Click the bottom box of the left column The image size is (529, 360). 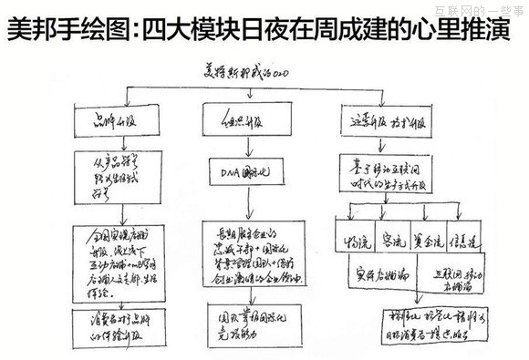pyautogui.click(x=116, y=324)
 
